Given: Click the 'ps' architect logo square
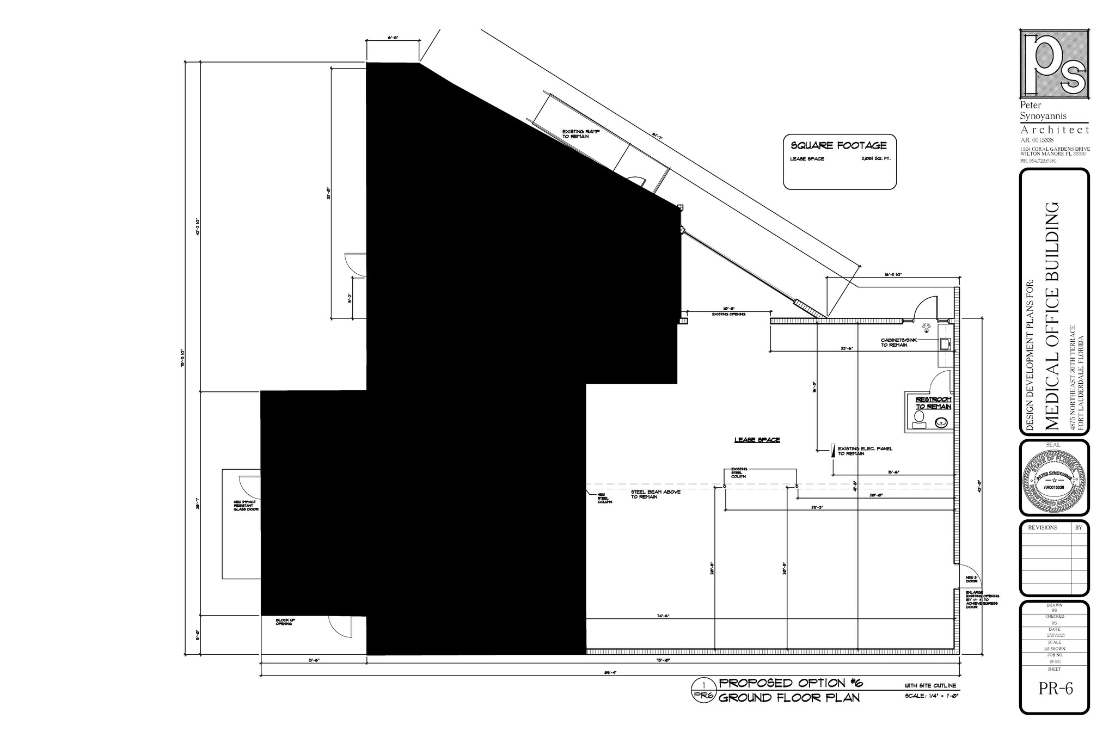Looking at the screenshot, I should (x=1053, y=64).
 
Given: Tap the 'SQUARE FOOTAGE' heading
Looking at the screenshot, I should (x=838, y=145).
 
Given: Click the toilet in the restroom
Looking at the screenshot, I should (x=920, y=419).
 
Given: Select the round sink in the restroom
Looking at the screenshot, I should (x=941, y=422).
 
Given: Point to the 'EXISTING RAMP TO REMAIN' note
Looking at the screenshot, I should (x=581, y=134).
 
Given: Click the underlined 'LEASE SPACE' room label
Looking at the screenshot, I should (x=757, y=440).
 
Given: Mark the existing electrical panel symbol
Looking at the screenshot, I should (x=832, y=451).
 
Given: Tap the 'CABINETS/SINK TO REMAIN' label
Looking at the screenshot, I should (x=899, y=342).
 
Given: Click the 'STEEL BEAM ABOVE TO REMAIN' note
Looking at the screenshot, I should (x=655, y=494).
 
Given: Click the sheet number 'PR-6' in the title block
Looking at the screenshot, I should (x=1055, y=689).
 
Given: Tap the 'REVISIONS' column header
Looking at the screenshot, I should (x=1042, y=527).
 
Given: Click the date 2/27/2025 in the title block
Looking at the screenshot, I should (x=1055, y=636).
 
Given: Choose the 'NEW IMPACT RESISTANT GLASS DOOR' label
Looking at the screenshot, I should (x=246, y=506).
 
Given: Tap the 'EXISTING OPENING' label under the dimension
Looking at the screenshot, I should (x=728, y=314).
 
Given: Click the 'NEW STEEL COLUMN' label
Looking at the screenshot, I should (x=604, y=498).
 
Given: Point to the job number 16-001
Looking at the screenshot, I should (x=1055, y=662).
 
